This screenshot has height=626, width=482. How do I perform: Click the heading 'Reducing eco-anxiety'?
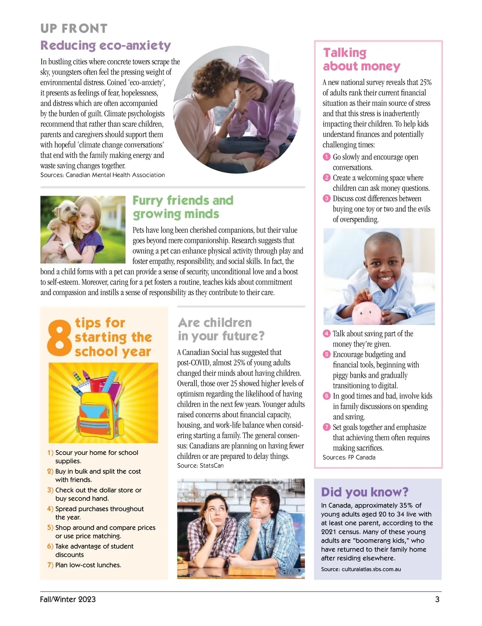[106, 45]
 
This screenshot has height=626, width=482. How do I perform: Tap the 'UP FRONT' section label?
[74, 29]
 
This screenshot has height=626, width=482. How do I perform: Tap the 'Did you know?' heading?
[365, 492]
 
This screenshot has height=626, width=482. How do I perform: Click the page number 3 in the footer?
[437, 599]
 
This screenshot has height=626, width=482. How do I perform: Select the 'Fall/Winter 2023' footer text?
[68, 599]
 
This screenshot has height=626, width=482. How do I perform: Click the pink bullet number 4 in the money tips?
[327, 333]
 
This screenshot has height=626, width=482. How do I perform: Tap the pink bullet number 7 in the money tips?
[327, 427]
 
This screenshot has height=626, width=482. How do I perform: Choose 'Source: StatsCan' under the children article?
[200, 466]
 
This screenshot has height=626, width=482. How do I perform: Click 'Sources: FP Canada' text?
[349, 457]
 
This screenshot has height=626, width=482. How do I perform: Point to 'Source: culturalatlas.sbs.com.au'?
[361, 569]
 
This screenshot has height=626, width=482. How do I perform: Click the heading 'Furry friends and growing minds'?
[183, 207]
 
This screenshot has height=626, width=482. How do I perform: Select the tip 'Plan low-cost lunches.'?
[88, 565]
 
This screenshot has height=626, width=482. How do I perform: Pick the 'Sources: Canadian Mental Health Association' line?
[102, 175]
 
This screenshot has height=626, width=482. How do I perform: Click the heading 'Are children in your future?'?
[221, 329]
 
